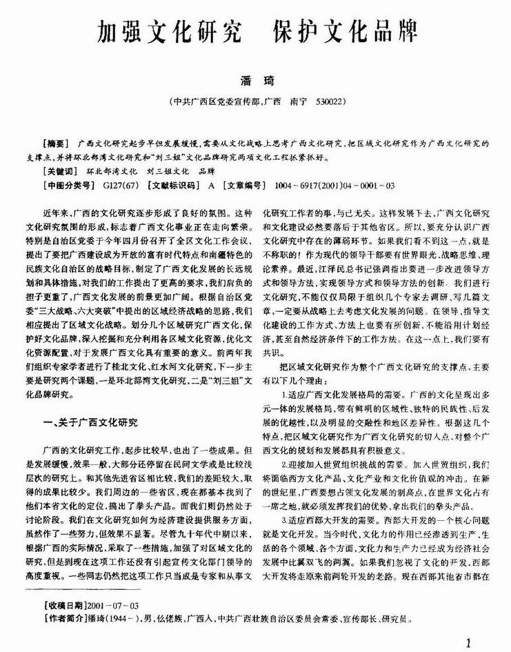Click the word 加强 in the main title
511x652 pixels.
[x=119, y=31]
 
